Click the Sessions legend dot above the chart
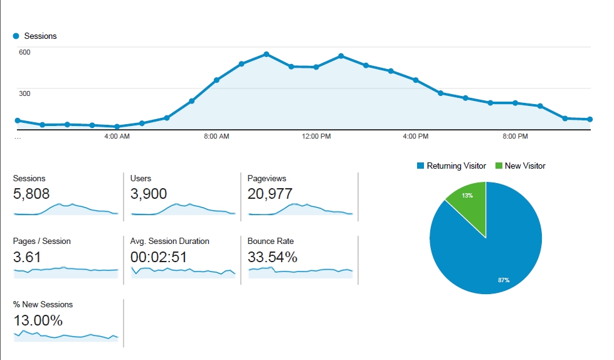coord(16,36)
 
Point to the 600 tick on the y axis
coord(24,51)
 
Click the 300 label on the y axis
coord(24,93)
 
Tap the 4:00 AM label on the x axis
coord(117,136)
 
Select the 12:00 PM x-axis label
coord(316,136)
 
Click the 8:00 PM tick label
coord(515,136)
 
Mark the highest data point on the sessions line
coord(267,54)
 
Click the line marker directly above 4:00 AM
coord(117,127)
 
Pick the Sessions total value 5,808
coord(31,194)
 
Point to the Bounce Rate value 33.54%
coord(272,257)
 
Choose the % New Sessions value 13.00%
coord(38,320)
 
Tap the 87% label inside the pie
coord(503,280)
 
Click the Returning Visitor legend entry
coord(451,166)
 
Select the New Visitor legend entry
coord(520,166)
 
